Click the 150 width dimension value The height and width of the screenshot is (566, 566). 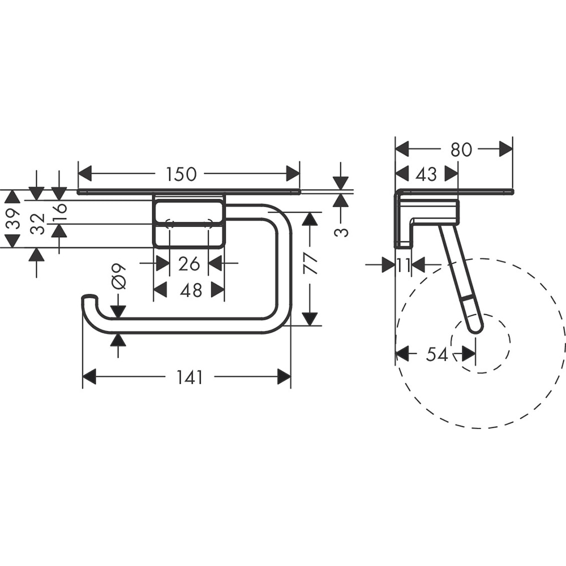pos(182,174)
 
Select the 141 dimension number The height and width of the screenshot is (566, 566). pos(189,377)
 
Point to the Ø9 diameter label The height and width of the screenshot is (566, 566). pos(118,277)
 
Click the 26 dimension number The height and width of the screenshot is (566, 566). pos(189,263)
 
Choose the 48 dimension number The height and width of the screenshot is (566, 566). pos(191,290)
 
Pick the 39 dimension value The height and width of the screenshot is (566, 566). pos(12,218)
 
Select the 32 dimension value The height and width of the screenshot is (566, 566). pos(37,223)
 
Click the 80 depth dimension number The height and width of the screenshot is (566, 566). pos(461,149)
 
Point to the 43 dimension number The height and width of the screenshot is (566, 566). pos(426,174)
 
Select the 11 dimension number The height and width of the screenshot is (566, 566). pos(403,264)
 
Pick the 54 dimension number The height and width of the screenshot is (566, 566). pos(436,355)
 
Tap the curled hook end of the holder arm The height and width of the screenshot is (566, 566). pos(88,299)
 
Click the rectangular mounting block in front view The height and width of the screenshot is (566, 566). pos(189,222)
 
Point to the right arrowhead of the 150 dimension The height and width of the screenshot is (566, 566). pos(293,174)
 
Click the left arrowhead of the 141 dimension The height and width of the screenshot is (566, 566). pos(89,377)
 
